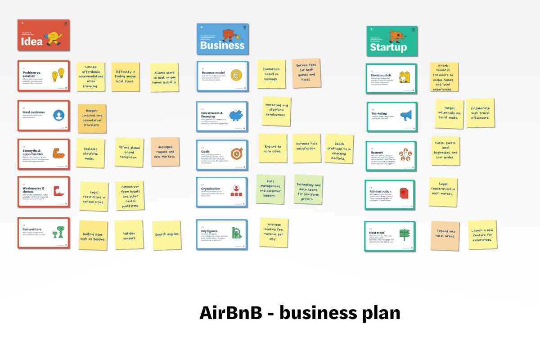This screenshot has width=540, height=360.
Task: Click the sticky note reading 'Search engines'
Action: click(166, 234)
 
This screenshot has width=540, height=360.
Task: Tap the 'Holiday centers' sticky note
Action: click(129, 234)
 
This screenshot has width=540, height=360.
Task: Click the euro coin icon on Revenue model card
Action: click(236, 75)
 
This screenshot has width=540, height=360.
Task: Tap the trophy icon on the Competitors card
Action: click(57, 232)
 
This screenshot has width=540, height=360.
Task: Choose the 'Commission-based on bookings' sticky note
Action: click(271, 74)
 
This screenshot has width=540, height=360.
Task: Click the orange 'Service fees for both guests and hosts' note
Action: click(306, 72)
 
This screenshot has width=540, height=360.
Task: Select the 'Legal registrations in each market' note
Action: click(443, 192)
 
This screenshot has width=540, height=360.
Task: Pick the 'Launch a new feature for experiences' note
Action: click(482, 235)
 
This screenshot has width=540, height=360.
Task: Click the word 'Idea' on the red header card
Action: click(32, 41)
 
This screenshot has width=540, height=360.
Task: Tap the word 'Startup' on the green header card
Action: click(388, 47)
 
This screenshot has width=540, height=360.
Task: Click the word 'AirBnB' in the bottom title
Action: click(230, 313)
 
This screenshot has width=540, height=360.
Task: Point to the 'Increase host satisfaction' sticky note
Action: click(306, 148)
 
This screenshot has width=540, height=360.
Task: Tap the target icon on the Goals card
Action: click(237, 154)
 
